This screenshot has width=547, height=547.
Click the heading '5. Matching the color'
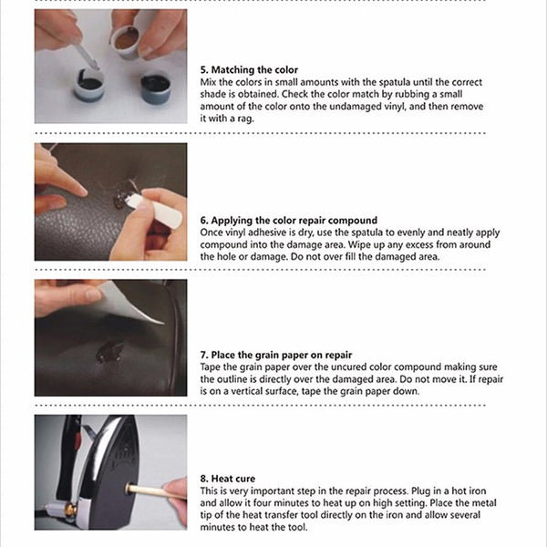[249, 70]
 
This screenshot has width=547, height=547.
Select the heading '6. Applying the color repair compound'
[289, 221]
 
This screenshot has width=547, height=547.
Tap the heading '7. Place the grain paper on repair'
[276, 356]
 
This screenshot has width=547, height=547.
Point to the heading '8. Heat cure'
[228, 479]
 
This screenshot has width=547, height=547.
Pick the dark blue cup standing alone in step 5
[156, 88]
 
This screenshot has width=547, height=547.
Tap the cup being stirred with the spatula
[89, 85]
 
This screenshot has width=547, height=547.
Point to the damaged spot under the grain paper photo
[109, 351]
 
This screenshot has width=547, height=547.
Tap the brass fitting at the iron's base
[71, 510]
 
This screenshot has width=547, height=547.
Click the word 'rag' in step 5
[245, 119]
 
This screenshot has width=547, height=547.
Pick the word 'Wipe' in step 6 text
[359, 244]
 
